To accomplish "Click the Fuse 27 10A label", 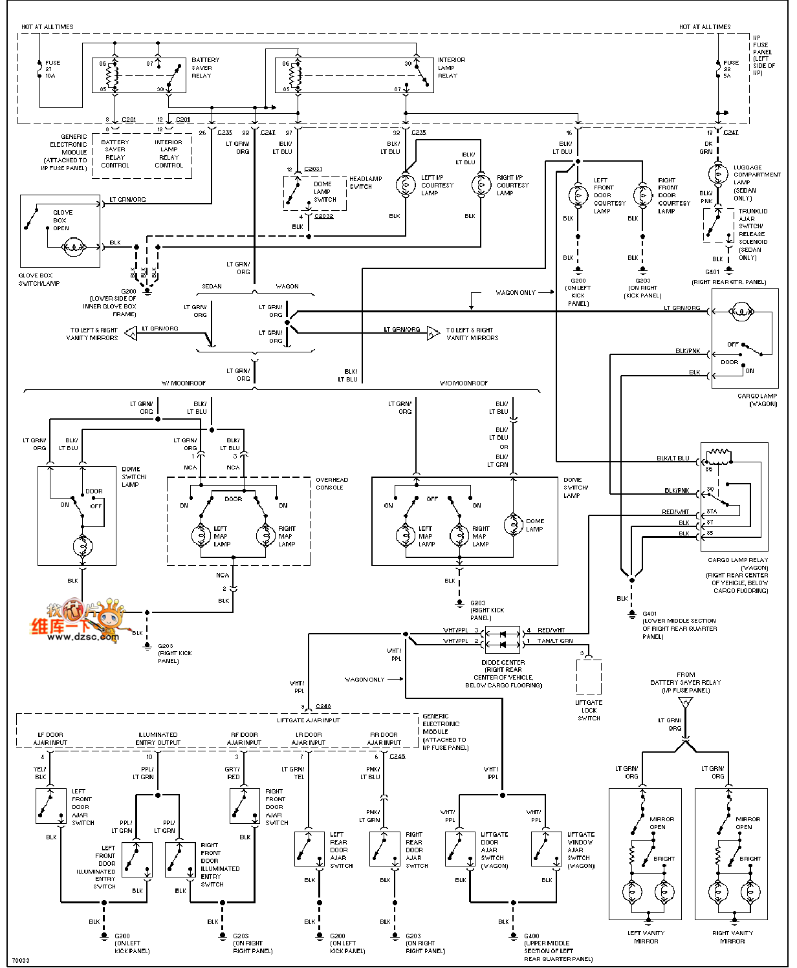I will click(x=52, y=69).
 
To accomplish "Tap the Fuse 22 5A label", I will click(x=730, y=69).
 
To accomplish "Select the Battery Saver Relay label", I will click(x=205, y=68).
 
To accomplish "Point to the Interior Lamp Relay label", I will click(x=451, y=68).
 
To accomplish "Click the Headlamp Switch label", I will click(x=366, y=183).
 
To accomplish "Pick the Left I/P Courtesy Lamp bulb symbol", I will click(x=406, y=185).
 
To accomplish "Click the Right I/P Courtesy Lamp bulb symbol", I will click(x=481, y=185).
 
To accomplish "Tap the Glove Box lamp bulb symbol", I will click(x=73, y=247).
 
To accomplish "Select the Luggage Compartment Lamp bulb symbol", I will click(x=718, y=175).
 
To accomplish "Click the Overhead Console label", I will click(x=331, y=484).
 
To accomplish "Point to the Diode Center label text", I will click(x=503, y=663).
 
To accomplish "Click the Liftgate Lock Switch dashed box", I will click(x=589, y=676).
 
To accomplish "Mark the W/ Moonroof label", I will click(x=184, y=383).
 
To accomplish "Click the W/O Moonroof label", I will click(x=464, y=383).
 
